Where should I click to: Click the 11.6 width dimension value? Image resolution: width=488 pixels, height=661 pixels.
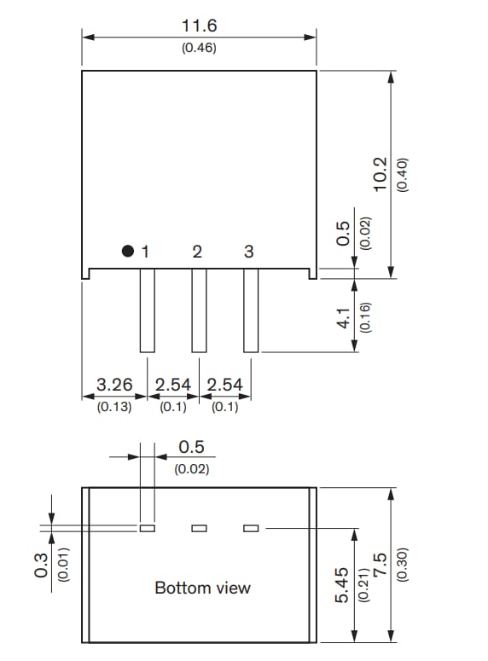pyautogui.click(x=200, y=27)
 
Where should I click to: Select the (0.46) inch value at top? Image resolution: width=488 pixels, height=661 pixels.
pyautogui.click(x=200, y=48)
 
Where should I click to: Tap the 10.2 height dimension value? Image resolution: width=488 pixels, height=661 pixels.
pyautogui.click(x=381, y=174)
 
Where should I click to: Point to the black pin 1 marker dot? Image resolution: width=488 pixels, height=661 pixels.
pyautogui.click(x=128, y=252)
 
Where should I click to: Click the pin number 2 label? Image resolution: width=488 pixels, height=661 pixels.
pyautogui.click(x=197, y=252)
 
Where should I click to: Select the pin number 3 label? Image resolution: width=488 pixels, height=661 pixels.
pyautogui.click(x=249, y=252)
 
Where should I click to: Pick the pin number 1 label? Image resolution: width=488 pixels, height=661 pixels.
pyautogui.click(x=146, y=252)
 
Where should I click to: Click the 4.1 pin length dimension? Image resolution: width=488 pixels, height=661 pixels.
pyautogui.click(x=344, y=318)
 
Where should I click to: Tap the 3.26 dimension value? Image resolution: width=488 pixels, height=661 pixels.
pyautogui.click(x=114, y=386)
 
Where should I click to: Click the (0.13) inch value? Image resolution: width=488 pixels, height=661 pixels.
pyautogui.click(x=114, y=407)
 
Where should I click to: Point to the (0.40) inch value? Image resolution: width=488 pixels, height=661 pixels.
pyautogui.click(x=403, y=175)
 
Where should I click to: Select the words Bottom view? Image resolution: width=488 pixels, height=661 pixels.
pyautogui.click(x=203, y=588)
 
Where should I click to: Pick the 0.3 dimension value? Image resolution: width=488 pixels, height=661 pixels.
pyautogui.click(x=41, y=565)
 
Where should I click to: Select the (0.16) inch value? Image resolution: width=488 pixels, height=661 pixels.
pyautogui.click(x=365, y=318)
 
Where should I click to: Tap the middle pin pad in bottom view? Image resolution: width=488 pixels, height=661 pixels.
pyautogui.click(x=199, y=528)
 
